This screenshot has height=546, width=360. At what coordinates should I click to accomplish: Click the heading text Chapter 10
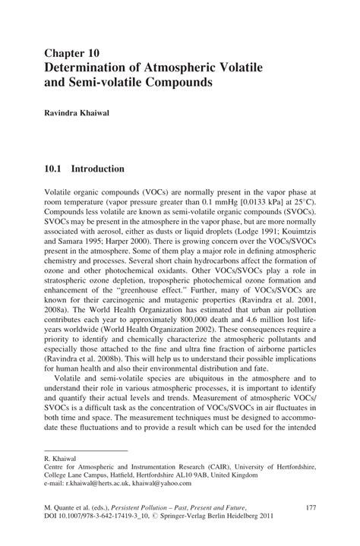click(x=72, y=53)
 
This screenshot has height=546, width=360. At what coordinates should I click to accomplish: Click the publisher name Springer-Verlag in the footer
click(x=204, y=515)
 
